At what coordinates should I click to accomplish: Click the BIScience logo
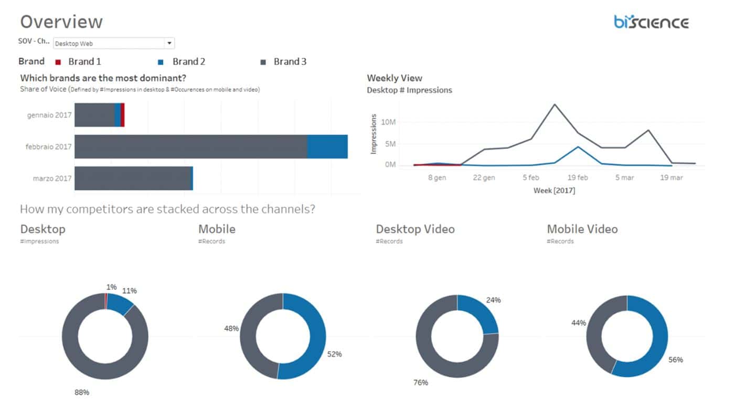(x=651, y=22)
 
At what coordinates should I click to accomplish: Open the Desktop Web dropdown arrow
(x=169, y=44)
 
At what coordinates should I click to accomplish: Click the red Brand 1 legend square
(x=58, y=62)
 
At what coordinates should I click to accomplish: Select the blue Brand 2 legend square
(x=161, y=62)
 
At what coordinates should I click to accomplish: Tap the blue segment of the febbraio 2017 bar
(x=327, y=146)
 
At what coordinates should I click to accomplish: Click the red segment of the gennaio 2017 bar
(x=122, y=115)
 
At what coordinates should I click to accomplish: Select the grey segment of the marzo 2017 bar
(x=132, y=178)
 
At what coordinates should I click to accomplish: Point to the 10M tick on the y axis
(x=388, y=122)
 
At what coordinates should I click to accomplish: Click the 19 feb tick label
(x=577, y=178)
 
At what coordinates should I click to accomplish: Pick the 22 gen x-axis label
(x=484, y=178)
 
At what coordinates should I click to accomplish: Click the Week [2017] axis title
(x=554, y=190)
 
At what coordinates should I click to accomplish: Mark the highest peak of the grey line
(x=555, y=104)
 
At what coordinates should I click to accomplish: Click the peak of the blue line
(x=578, y=146)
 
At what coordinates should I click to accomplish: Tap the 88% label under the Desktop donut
(x=81, y=392)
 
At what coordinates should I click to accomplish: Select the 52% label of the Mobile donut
(x=334, y=354)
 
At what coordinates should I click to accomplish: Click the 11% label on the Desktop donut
(x=129, y=291)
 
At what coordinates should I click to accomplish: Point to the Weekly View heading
(x=394, y=78)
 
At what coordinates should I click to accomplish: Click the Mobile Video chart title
(x=582, y=229)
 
